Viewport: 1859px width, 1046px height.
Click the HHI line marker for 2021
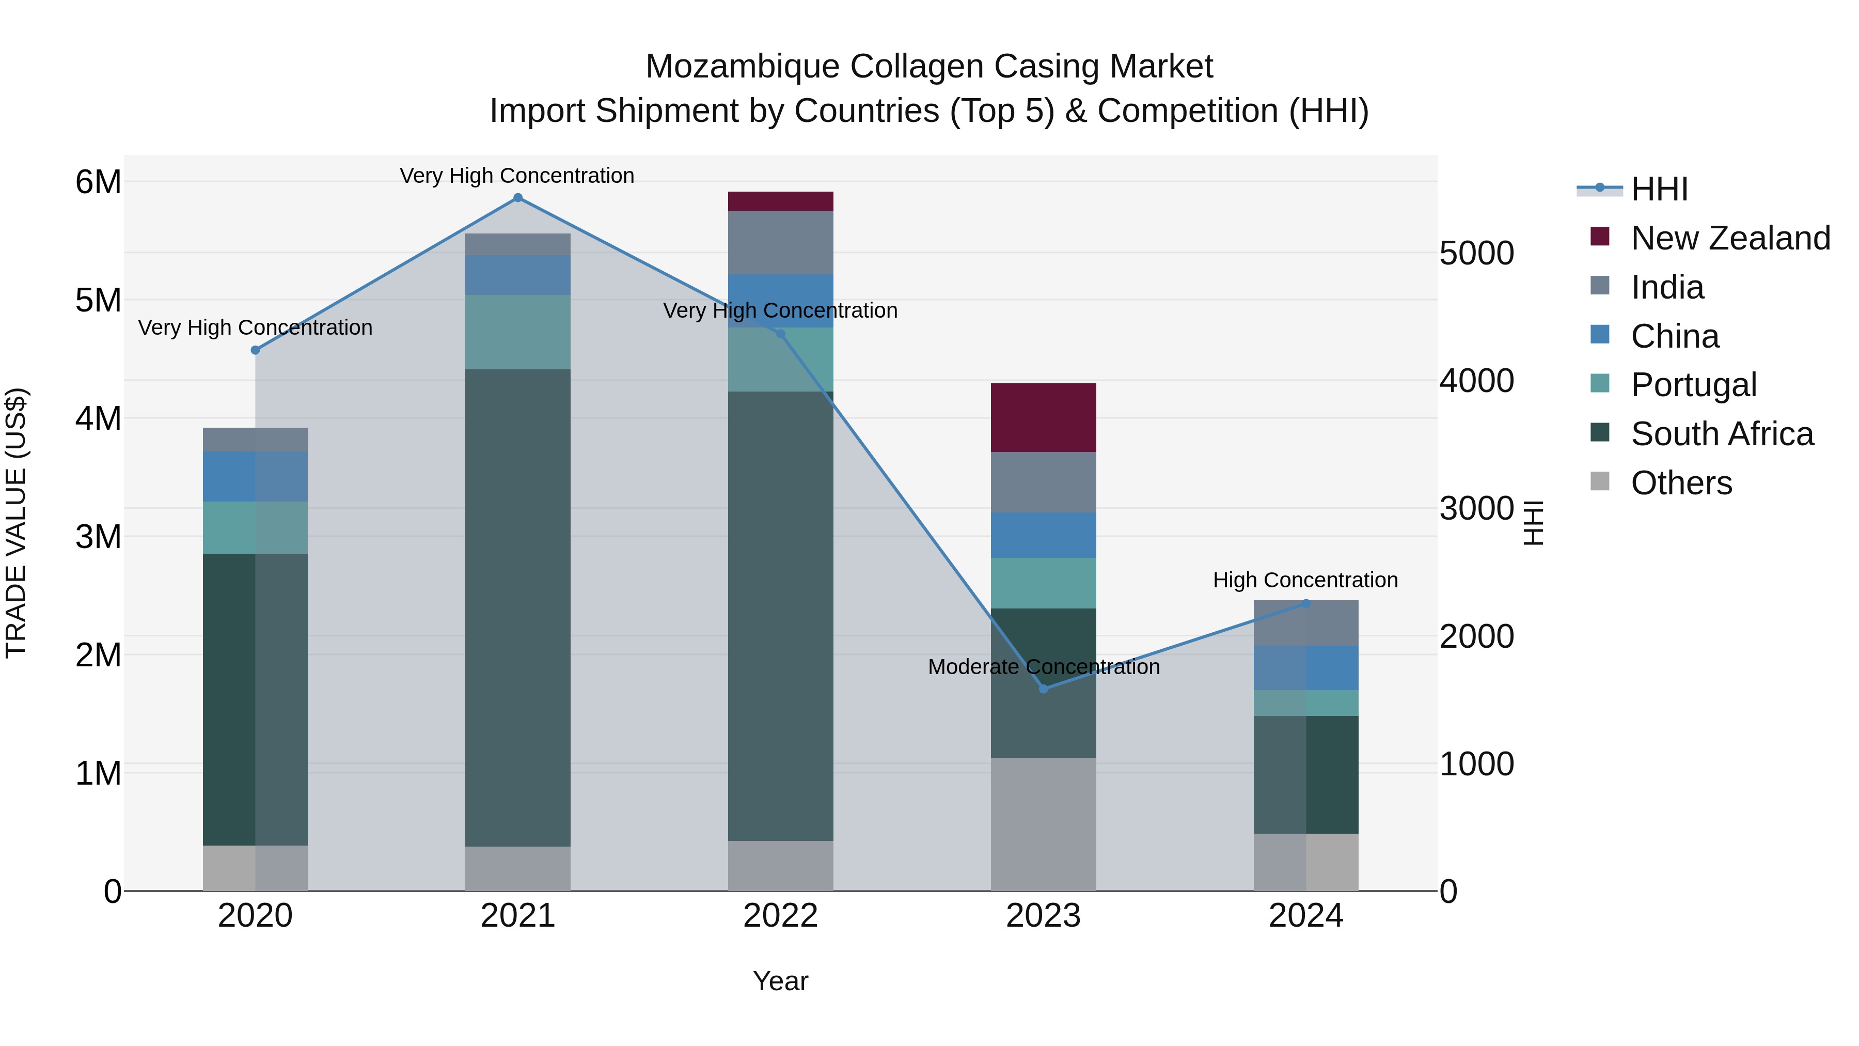[x=517, y=198]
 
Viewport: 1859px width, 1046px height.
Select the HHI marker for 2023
[x=1044, y=689]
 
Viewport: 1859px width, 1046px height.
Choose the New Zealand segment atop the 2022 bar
[x=780, y=201]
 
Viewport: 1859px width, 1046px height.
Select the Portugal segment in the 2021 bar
[x=517, y=332]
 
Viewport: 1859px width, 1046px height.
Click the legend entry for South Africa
[x=1721, y=434]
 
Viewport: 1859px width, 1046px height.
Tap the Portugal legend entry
[x=1693, y=385]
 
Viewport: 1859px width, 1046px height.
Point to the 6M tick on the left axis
[x=98, y=182]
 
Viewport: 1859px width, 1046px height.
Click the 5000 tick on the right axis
[x=1476, y=254]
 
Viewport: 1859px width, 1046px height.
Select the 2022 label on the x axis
[x=780, y=916]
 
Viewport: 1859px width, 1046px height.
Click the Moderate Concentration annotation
[x=1044, y=667]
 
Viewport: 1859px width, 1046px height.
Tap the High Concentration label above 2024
[x=1305, y=581]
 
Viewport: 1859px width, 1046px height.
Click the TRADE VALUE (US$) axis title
[x=16, y=523]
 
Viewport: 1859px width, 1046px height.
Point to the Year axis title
[x=780, y=981]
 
